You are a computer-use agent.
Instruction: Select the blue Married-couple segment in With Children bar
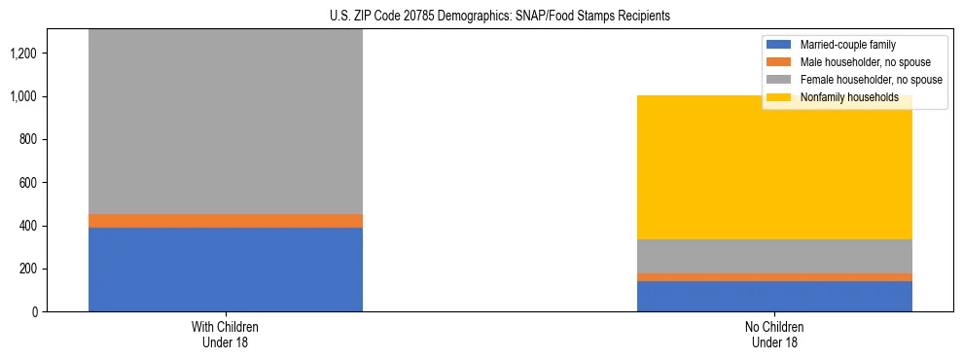226,270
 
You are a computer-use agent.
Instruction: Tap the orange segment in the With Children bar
226,221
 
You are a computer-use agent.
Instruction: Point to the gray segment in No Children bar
774,256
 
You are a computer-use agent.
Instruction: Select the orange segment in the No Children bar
774,277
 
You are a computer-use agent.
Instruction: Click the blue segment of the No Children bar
774,296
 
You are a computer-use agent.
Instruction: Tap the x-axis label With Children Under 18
226,335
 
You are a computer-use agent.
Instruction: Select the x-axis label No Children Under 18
774,335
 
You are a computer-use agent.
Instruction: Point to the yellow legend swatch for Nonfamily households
779,97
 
